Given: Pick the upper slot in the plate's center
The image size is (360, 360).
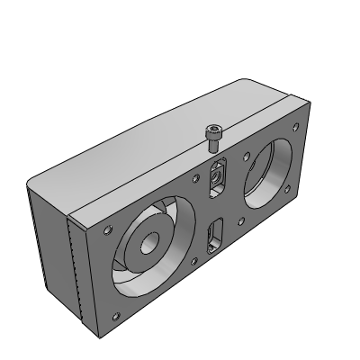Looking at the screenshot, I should [x=216, y=178].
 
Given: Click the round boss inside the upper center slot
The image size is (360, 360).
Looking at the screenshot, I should [x=216, y=182].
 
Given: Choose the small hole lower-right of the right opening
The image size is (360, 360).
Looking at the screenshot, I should [x=287, y=188].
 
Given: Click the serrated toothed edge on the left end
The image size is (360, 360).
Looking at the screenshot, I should [x=72, y=270].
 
